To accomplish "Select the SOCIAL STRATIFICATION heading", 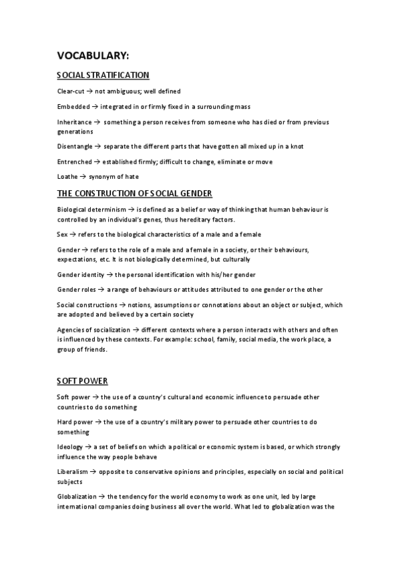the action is pyautogui.click(x=103, y=75).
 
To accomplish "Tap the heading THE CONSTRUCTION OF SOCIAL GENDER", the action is pyautogui.click(x=135, y=194).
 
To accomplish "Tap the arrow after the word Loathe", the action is pyautogui.click(x=83, y=178).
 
